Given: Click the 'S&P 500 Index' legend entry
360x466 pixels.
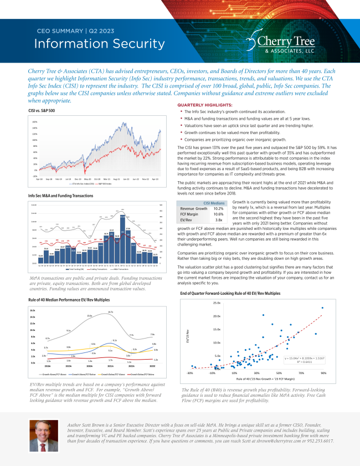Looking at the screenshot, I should [109, 183].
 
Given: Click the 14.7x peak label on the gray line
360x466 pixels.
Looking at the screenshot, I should [111, 313].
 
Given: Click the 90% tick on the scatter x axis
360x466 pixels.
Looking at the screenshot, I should [323, 373].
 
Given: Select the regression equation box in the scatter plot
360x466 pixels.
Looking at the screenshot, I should [301, 360].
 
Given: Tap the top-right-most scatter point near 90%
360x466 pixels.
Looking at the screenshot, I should [322, 308].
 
